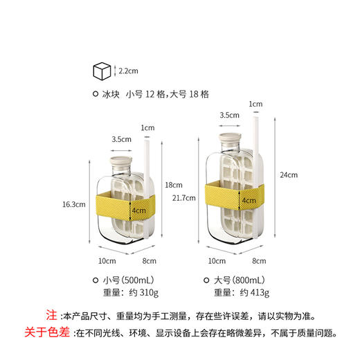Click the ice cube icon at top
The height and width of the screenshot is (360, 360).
coord(102,71)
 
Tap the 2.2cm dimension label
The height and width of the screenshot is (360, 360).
coord(129,70)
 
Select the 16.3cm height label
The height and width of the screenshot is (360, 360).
coord(73,205)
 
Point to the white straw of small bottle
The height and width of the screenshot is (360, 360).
coord(147,166)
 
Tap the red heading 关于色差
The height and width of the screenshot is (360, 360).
coord(50,332)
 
